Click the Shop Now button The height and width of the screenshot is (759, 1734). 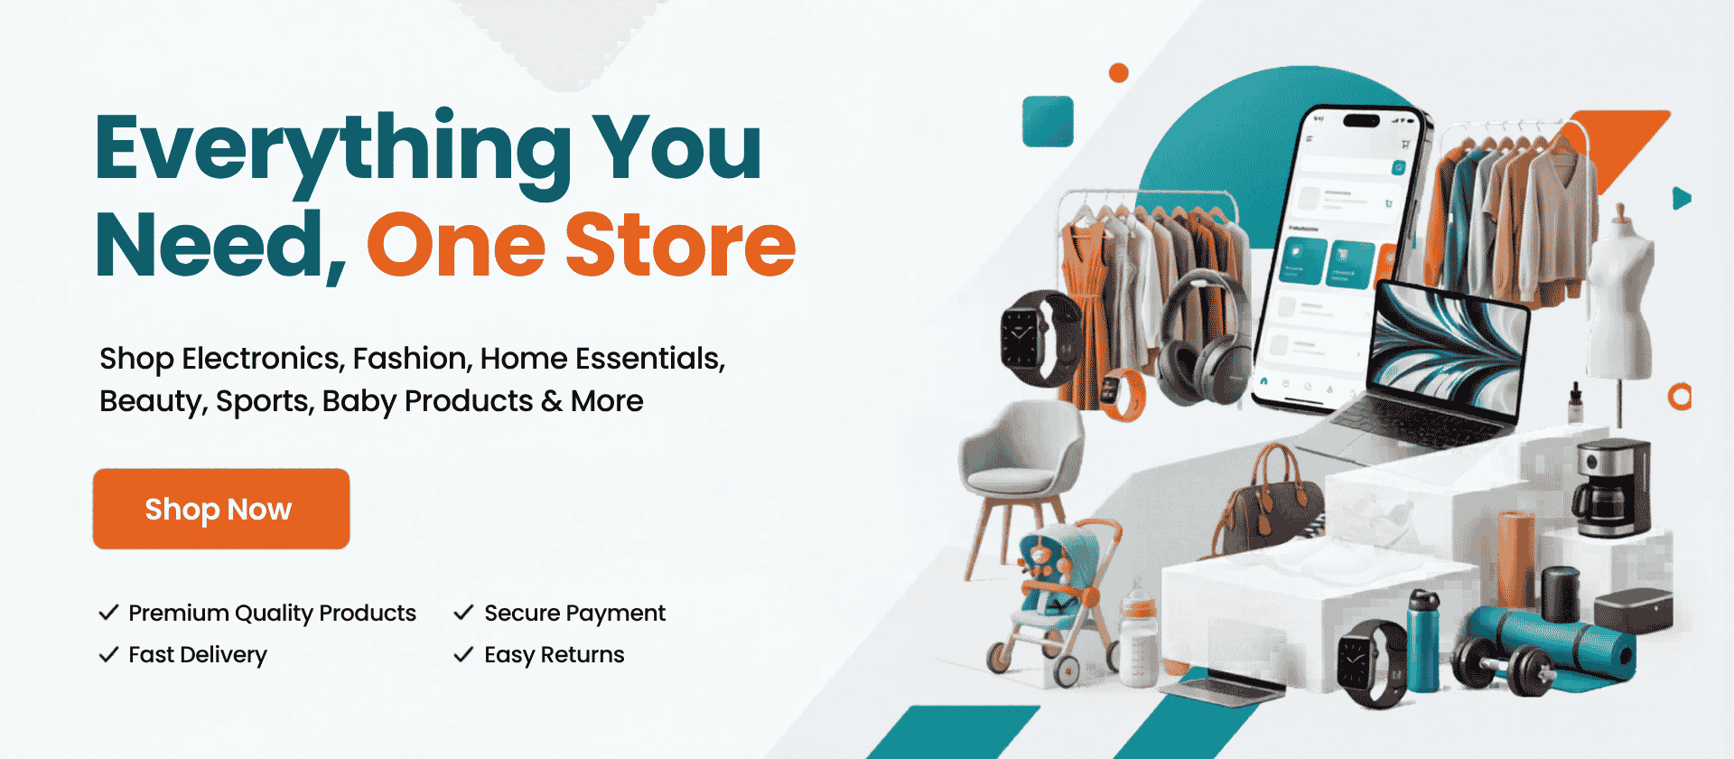[x=221, y=509]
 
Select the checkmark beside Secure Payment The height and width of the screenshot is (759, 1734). [x=463, y=613]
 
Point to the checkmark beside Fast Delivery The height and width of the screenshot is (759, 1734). [x=108, y=654]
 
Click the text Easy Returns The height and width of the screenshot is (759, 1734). [x=555, y=655]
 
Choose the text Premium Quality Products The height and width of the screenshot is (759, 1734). [x=272, y=614]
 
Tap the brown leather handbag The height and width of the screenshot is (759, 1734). [x=1269, y=501]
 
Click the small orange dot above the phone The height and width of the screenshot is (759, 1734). [x=1118, y=73]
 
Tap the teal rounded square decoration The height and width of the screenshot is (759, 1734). [x=1048, y=121]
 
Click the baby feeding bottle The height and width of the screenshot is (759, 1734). [x=1138, y=637]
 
